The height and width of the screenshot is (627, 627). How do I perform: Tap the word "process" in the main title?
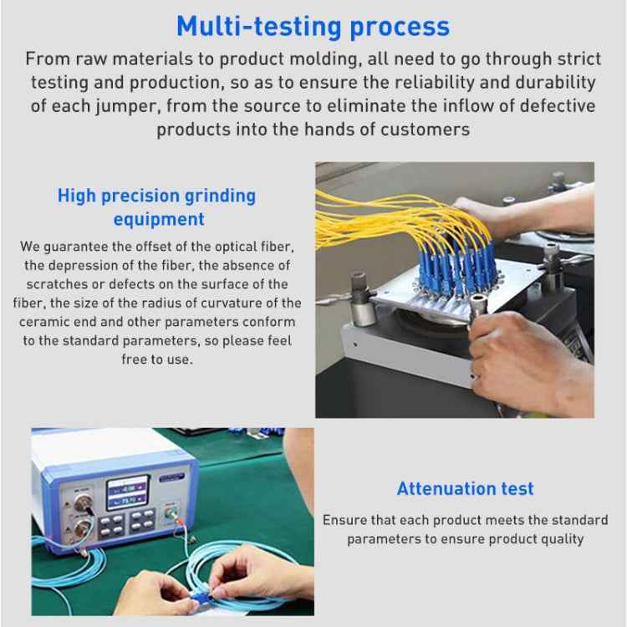pos(400,26)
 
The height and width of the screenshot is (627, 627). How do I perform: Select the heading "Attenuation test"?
pos(465,488)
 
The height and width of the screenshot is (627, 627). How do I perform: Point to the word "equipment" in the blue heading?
pos(158,219)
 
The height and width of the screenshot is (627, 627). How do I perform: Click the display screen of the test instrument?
pos(127,492)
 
